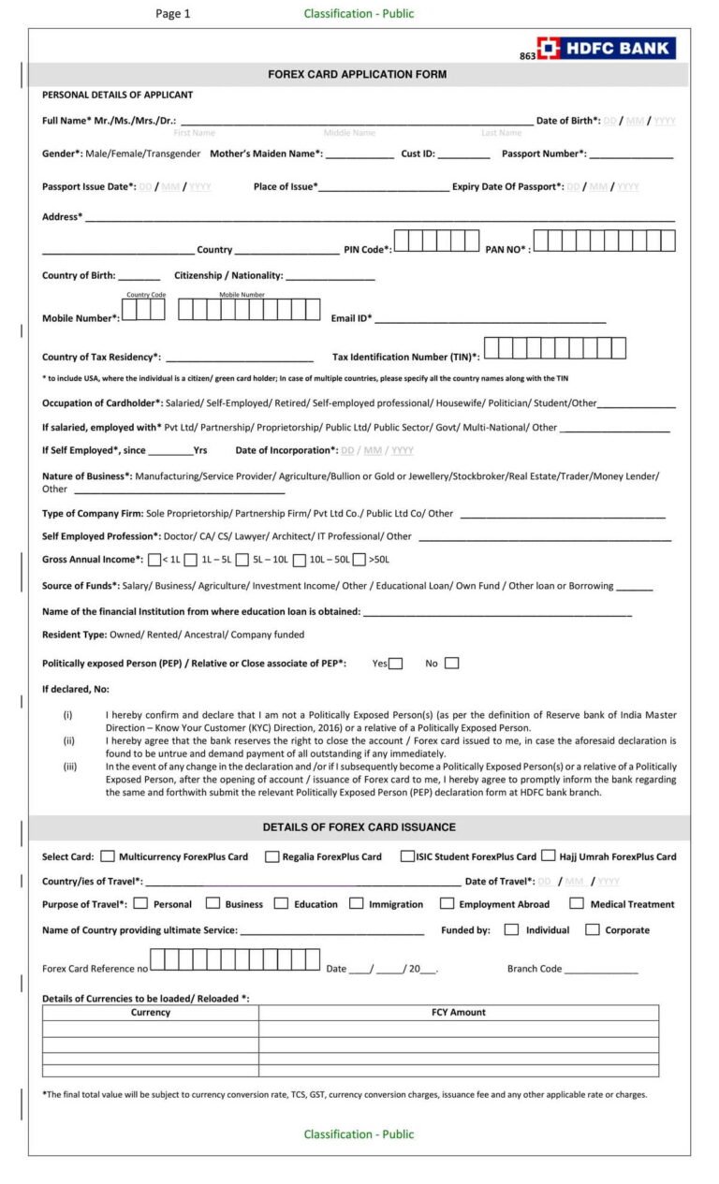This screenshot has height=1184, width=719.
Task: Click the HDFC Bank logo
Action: tap(606, 49)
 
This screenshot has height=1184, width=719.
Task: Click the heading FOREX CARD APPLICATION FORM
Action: tap(358, 74)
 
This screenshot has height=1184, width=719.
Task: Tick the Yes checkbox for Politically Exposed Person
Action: tap(396, 664)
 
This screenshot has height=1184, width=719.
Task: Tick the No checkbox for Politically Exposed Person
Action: tap(452, 664)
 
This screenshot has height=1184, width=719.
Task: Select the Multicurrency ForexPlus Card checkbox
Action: tap(108, 855)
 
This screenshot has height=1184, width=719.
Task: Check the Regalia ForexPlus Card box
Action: tap(271, 855)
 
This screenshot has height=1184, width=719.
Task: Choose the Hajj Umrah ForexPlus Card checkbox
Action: tap(548, 855)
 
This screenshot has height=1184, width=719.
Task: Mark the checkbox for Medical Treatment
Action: tap(577, 903)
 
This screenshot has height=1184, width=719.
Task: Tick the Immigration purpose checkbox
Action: tap(357, 903)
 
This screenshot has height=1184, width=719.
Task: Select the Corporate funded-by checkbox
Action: tap(592, 929)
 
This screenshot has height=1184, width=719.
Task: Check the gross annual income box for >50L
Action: tap(359, 560)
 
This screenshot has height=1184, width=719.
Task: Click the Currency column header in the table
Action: tap(151, 1013)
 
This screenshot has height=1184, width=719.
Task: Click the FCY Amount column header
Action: tap(458, 1013)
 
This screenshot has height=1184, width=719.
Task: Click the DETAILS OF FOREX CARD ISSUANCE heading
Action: tap(359, 827)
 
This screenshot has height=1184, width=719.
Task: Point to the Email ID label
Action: tap(351, 318)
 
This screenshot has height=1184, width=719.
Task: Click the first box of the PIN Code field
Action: tap(402, 241)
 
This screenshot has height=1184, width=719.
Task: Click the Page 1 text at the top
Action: tap(173, 14)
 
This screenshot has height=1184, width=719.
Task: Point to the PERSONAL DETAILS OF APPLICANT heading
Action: tap(118, 95)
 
